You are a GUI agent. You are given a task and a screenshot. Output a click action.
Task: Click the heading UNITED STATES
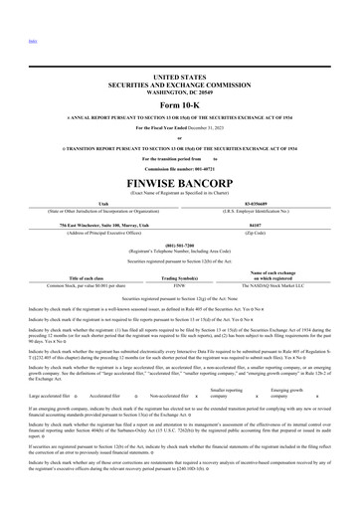[179, 77]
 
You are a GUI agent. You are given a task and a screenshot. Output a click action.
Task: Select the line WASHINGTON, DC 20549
[179, 91]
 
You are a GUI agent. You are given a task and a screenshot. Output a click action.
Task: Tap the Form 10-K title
[179, 106]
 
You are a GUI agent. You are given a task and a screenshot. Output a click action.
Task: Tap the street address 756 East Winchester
[102, 225]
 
